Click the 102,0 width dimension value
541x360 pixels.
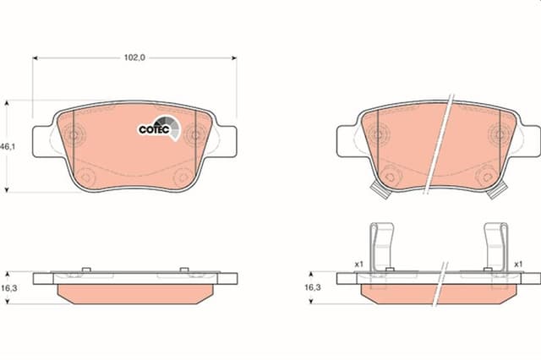134,57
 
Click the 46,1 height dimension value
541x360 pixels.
8,146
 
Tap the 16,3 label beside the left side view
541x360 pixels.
8,288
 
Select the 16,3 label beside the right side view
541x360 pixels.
313,287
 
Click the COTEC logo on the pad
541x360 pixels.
159,128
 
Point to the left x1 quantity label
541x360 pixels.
359,265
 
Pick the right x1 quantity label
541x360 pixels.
518,265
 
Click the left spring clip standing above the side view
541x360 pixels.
381,247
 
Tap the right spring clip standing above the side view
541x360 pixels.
496,247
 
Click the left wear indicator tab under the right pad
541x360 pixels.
380,191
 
